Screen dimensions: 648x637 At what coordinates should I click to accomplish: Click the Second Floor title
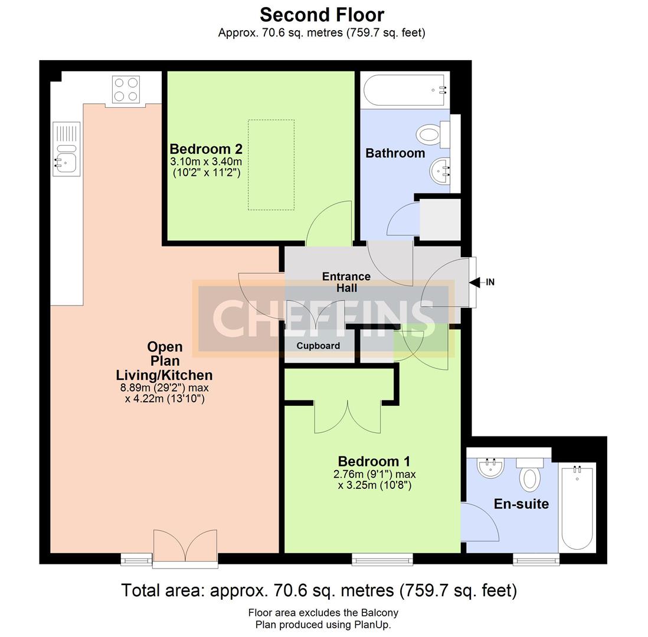322,15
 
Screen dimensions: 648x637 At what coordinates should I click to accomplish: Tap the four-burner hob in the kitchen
126,89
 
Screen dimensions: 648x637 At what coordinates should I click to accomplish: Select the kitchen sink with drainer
67,149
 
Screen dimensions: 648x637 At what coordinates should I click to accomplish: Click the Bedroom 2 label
206,149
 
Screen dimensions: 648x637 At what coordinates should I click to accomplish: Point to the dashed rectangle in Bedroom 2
271,165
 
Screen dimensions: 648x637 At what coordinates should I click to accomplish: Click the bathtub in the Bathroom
405,90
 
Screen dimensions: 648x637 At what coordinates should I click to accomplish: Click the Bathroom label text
395,153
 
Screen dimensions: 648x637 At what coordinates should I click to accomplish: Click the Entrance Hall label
346,282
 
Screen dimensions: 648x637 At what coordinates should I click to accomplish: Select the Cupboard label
318,346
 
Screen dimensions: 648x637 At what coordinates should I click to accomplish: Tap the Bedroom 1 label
374,461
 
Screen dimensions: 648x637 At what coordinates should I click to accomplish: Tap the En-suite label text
521,504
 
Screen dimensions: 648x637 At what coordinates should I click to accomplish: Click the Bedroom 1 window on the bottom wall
382,559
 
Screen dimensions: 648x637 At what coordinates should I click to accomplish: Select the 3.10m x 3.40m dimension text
206,162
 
